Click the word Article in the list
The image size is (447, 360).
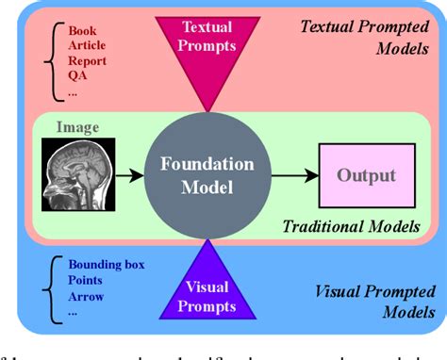coord(88,45)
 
